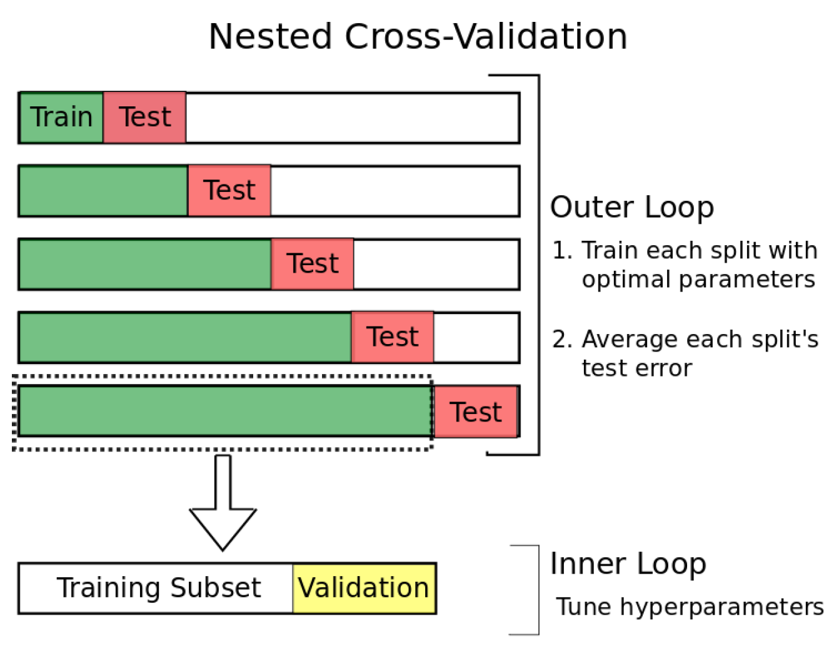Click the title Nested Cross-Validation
[418, 36]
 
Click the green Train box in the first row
[61, 118]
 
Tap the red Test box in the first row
[144, 118]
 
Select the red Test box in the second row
[229, 191]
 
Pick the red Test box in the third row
[313, 264]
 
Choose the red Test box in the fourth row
[393, 337]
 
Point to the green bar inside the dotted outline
[225, 411]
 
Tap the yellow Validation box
[364, 588]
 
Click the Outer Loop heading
[631, 207]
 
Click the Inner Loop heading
[628, 564]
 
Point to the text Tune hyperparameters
[690, 606]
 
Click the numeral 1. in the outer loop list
[561, 250]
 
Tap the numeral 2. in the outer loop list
[561, 339]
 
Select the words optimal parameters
[698, 279]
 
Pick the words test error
[636, 368]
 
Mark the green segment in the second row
[104, 191]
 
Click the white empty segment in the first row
[352, 118]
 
